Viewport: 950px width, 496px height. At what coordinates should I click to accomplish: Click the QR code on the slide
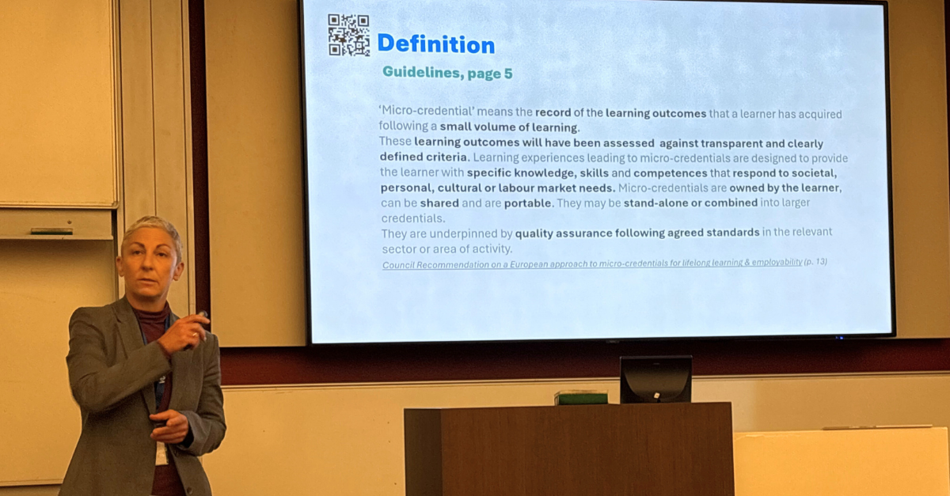(348, 35)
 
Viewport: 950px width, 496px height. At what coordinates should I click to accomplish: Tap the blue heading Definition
(436, 44)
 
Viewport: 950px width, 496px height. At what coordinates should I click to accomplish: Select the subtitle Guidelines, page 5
(447, 73)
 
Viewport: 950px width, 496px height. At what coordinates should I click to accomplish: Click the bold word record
(553, 113)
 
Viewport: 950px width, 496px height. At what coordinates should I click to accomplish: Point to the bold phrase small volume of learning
(509, 127)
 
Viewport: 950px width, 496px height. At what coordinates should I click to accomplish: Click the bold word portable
(529, 203)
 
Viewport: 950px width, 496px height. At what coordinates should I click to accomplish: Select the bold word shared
(439, 203)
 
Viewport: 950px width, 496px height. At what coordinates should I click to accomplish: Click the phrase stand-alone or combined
(690, 203)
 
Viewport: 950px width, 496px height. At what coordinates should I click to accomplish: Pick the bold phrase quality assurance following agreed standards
(637, 233)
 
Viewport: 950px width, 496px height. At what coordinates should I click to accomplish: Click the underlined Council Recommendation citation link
(592, 263)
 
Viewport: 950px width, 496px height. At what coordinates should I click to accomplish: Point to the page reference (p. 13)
(815, 262)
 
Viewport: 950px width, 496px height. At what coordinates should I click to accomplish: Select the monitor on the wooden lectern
(655, 380)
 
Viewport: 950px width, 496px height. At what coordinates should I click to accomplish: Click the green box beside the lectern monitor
(580, 398)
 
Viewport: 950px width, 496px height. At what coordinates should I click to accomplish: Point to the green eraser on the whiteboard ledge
(51, 231)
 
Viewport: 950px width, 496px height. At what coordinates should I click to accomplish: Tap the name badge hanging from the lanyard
(161, 453)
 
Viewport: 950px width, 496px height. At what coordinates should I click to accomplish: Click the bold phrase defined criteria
(424, 157)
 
